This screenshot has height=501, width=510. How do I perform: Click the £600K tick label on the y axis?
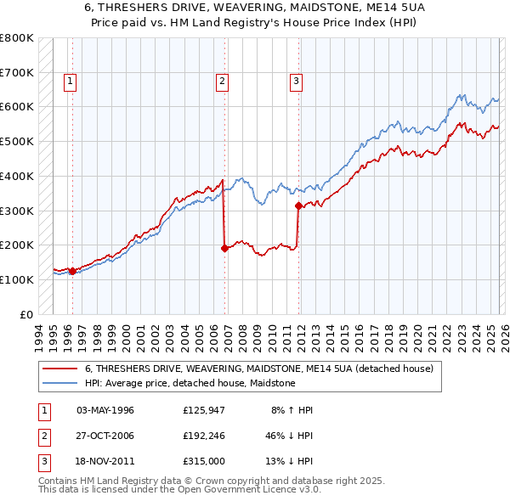(17, 107)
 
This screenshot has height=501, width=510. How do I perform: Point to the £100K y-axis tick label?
(17, 279)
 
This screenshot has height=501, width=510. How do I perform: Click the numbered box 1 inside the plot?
(69, 82)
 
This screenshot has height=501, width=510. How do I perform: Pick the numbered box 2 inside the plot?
(222, 82)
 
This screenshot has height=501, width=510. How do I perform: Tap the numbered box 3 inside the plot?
(296, 82)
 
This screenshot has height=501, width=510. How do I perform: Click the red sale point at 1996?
(72, 271)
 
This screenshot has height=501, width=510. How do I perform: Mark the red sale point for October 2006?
(224, 248)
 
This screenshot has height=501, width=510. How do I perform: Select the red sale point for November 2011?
(298, 205)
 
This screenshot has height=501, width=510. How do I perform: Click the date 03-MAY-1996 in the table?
(105, 410)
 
